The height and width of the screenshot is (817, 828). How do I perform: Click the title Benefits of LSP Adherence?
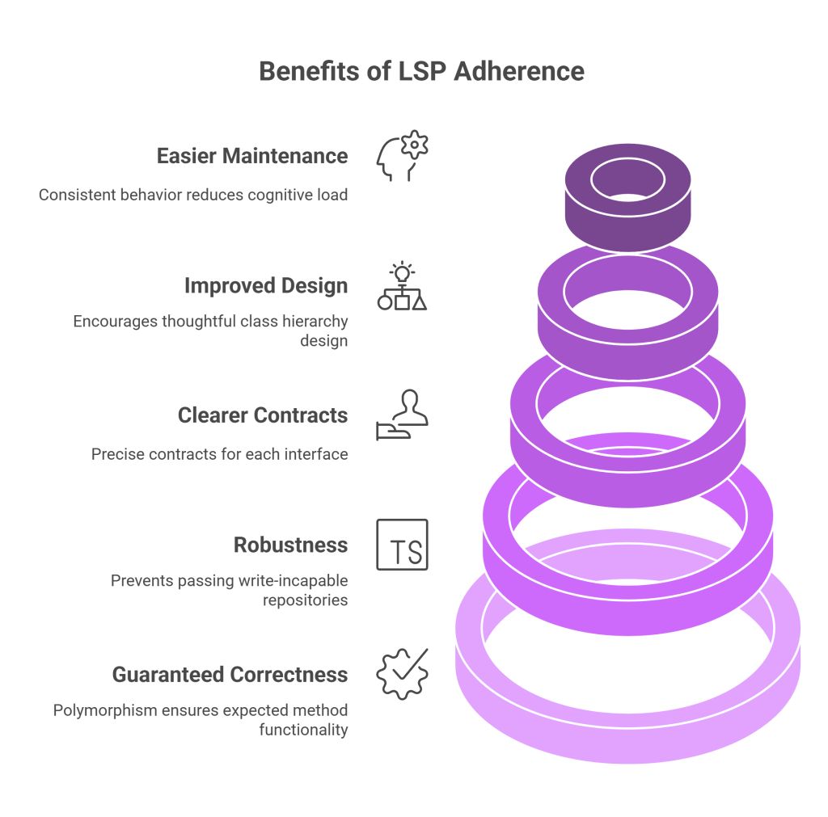pyautogui.click(x=421, y=71)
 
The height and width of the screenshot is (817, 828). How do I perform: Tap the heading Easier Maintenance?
pyautogui.click(x=252, y=156)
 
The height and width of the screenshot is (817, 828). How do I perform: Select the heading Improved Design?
pyautogui.click(x=266, y=286)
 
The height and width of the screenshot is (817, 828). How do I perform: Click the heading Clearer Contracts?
pyautogui.click(x=263, y=415)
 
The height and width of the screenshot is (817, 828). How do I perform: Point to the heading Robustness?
pyautogui.click(x=291, y=545)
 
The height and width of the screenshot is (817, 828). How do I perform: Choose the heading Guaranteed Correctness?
pyautogui.click(x=230, y=675)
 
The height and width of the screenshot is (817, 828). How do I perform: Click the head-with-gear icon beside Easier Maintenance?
pyautogui.click(x=402, y=155)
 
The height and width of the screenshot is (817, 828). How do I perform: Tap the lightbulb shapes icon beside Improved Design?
pyautogui.click(x=402, y=286)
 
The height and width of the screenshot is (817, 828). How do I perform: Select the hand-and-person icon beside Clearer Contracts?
pyautogui.click(x=402, y=415)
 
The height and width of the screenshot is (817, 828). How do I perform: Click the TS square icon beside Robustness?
pyautogui.click(x=402, y=545)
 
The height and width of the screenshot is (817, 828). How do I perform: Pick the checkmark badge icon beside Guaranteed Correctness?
pyautogui.click(x=402, y=674)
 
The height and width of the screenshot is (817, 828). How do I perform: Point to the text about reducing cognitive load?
pyautogui.click(x=193, y=196)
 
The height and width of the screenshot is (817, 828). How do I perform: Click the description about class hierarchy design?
pyautogui.click(x=210, y=331)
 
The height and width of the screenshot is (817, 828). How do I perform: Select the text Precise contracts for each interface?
pyautogui.click(x=220, y=454)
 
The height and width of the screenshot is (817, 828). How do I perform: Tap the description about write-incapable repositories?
pyautogui.click(x=229, y=590)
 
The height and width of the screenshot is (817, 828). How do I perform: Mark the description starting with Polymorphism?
pyautogui.click(x=201, y=720)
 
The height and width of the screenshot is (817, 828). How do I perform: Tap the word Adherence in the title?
pyautogui.click(x=518, y=71)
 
